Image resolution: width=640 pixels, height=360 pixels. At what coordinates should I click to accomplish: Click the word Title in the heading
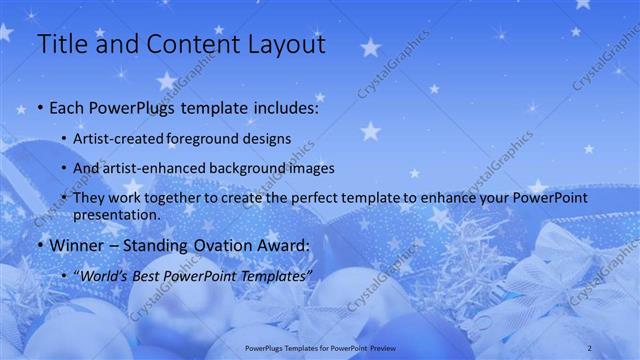pos(61,45)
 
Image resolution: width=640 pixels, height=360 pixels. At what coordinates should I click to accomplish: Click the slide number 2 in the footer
pos(590,346)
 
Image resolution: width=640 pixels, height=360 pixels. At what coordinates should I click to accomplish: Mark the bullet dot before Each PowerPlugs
pos(39,108)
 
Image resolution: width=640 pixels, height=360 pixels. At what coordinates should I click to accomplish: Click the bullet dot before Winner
pos(39,246)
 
